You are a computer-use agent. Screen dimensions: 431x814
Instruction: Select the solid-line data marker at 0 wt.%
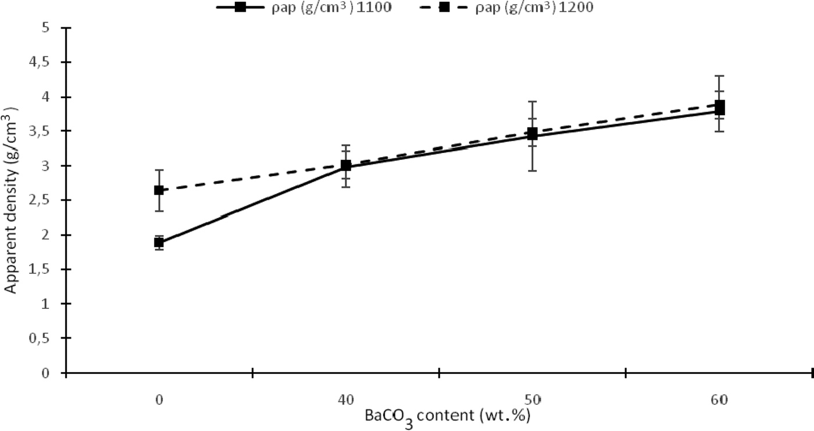pos(159,243)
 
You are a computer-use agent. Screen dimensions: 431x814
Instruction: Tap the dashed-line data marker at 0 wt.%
pos(159,190)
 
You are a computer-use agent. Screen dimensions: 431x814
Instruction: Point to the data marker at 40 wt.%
pos(346,165)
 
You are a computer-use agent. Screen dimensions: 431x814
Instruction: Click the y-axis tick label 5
pos(47,28)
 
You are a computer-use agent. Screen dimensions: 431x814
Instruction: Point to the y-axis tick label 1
pos(47,304)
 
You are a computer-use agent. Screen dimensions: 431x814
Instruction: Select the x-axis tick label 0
pos(159,400)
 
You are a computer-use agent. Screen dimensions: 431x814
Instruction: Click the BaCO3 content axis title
pos(448,417)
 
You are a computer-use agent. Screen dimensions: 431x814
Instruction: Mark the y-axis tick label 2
pos(47,235)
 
